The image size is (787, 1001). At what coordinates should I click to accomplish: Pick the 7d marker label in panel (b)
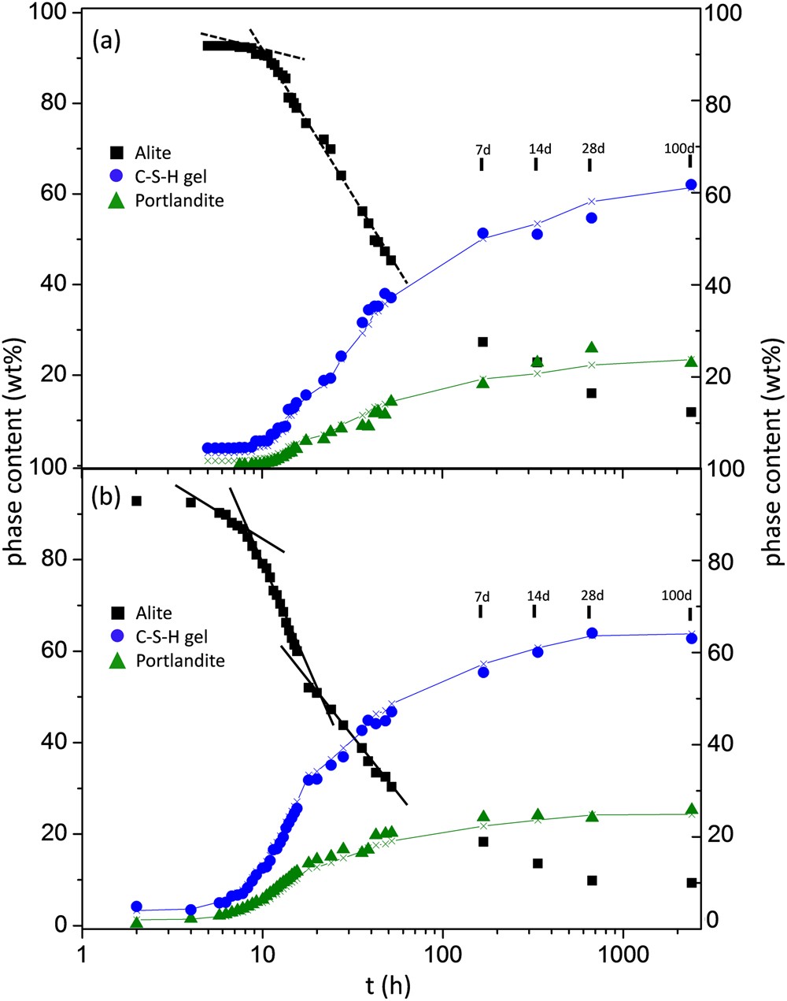click(x=482, y=595)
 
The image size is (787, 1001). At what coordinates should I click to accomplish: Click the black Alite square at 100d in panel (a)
click(x=691, y=412)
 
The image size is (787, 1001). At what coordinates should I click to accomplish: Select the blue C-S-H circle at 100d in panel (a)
click(x=691, y=184)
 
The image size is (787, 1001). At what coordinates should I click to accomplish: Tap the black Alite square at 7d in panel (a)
click(x=482, y=342)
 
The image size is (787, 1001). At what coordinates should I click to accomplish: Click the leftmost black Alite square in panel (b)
click(x=136, y=501)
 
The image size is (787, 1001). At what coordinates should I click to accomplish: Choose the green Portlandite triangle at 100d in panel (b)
click(x=691, y=810)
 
